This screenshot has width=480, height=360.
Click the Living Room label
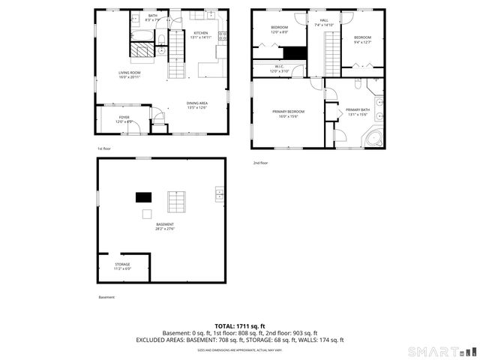click(128, 73)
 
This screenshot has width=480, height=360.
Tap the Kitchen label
click(201, 33)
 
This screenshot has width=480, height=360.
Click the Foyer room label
click(124, 117)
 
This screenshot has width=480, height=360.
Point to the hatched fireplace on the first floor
click(141, 50)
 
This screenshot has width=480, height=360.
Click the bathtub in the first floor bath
click(140, 34)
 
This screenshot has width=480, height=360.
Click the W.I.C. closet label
click(278, 67)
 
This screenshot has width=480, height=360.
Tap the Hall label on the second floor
click(324, 20)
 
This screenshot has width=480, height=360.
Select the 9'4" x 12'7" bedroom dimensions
click(363, 42)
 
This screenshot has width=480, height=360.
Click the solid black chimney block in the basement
click(142, 197)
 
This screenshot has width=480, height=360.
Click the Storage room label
click(122, 264)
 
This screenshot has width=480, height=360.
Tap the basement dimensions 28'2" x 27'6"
click(165, 229)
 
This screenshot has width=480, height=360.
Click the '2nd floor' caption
click(260, 162)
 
